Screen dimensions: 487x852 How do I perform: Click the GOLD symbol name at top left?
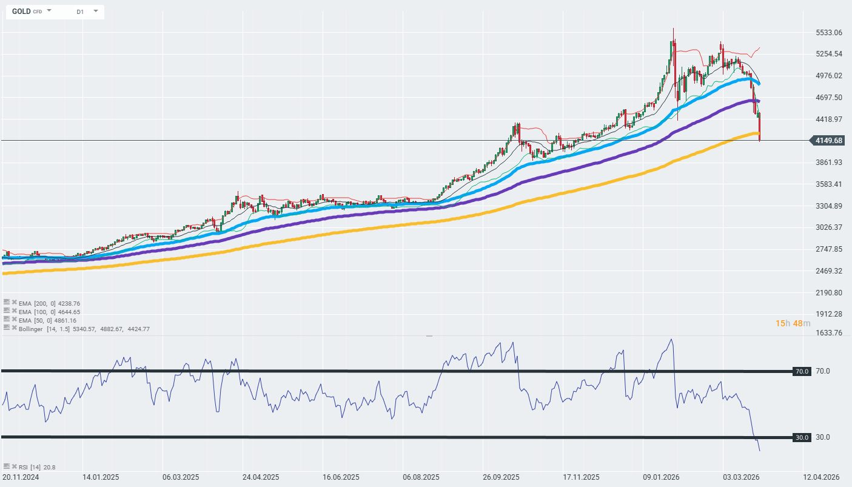(x=21, y=12)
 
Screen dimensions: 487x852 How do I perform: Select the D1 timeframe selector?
(x=80, y=12)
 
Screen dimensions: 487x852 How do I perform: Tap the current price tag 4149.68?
(x=829, y=141)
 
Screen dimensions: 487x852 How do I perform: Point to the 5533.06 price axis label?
(x=828, y=32)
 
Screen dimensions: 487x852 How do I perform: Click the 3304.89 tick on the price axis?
(x=828, y=206)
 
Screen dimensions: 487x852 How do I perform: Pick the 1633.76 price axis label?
(x=828, y=332)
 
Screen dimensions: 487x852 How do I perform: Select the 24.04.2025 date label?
(x=260, y=477)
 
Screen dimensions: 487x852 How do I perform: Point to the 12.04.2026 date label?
(x=821, y=477)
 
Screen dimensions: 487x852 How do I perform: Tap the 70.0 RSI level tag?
(x=802, y=371)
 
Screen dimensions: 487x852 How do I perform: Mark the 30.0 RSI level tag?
(x=802, y=437)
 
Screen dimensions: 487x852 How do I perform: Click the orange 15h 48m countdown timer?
(x=793, y=323)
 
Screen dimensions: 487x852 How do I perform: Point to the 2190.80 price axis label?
(x=828, y=292)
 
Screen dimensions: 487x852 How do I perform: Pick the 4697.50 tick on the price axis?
(x=828, y=97)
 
